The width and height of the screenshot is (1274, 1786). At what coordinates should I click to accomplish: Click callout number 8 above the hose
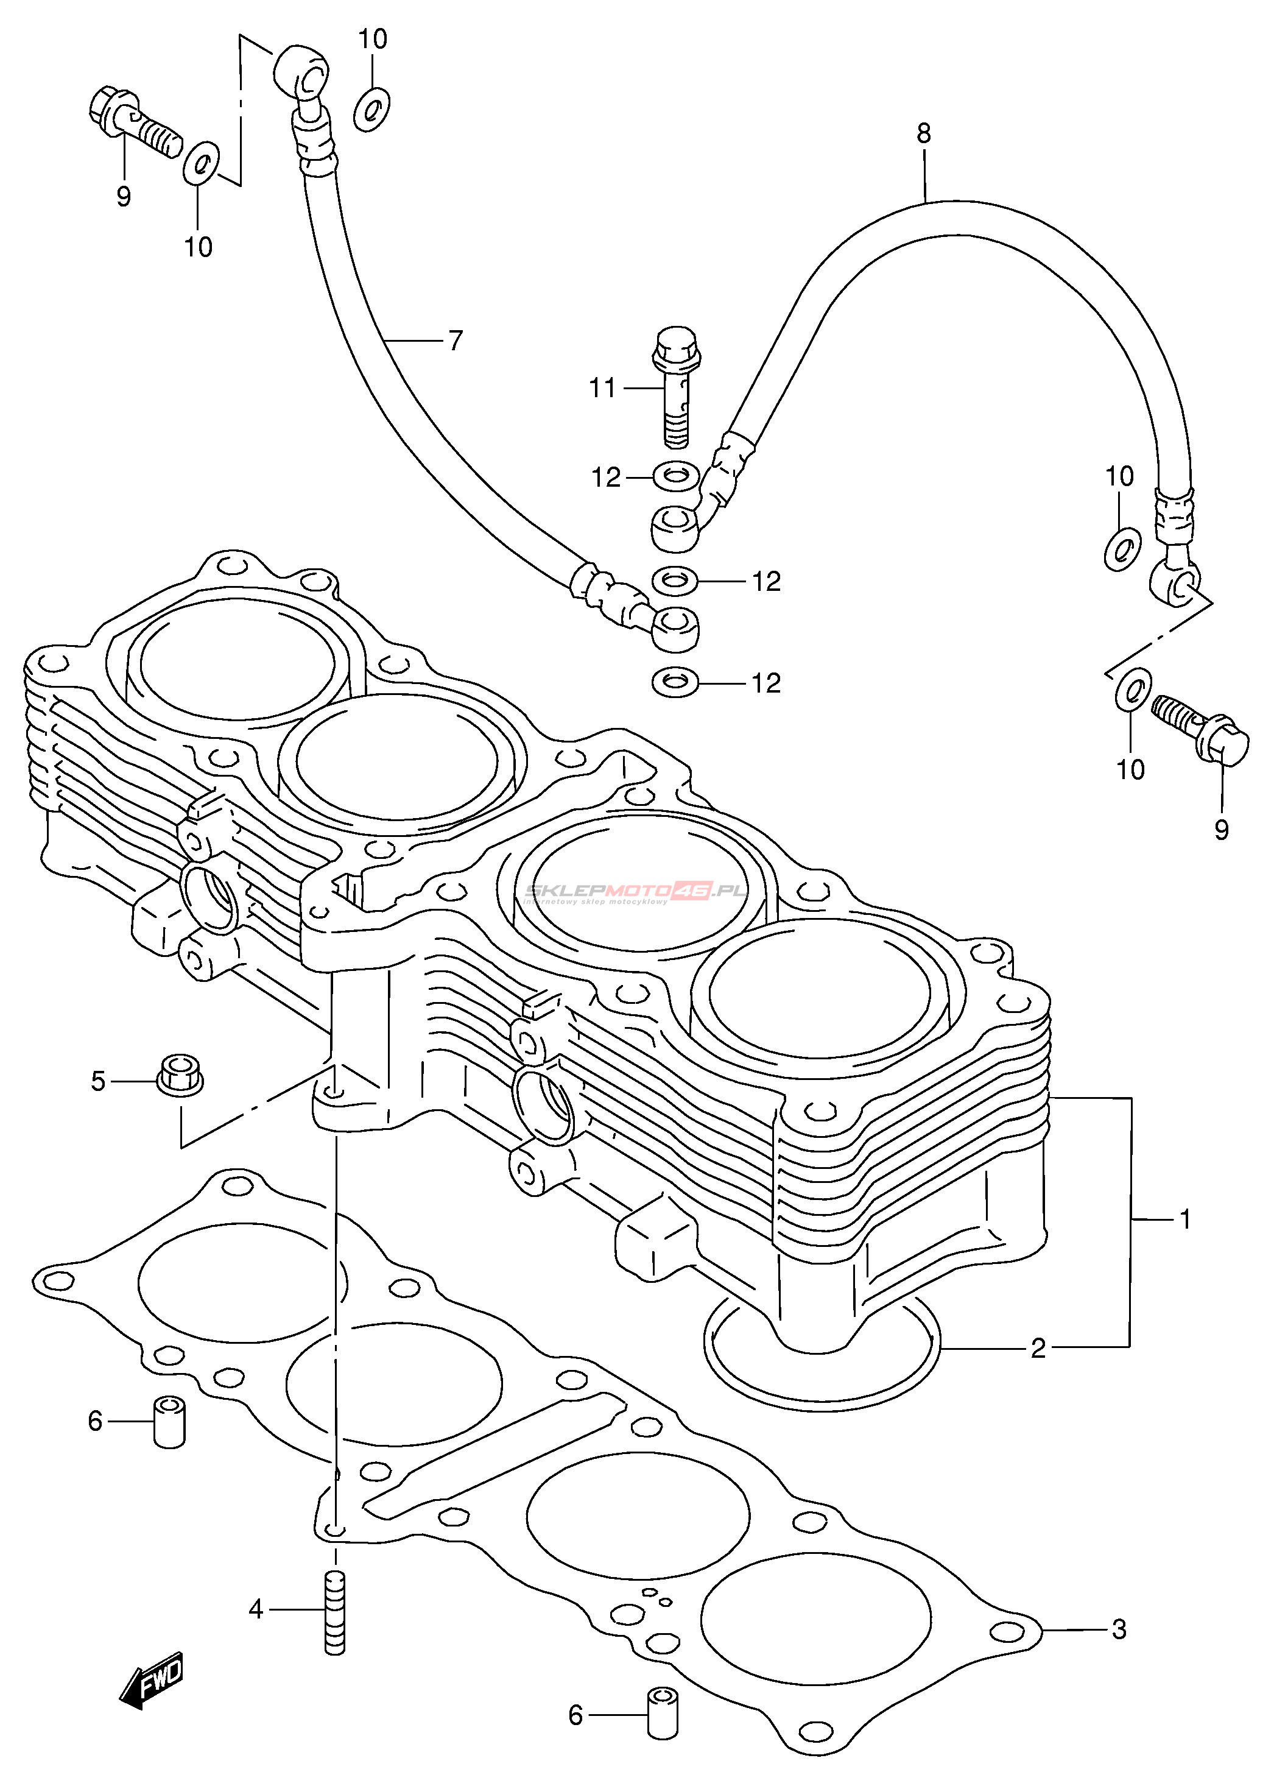pos(923,134)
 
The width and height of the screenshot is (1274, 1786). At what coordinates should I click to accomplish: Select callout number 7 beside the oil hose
pos(455,341)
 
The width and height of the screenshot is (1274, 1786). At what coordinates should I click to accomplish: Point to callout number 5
pos(98,1081)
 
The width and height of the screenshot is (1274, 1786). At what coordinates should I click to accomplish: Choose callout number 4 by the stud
pos(256,1609)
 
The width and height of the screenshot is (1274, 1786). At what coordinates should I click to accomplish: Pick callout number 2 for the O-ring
pos(1038,1349)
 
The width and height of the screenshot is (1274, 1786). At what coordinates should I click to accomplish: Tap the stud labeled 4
pos(335,1612)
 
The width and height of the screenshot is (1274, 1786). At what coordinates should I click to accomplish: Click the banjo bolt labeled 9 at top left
pos(133,122)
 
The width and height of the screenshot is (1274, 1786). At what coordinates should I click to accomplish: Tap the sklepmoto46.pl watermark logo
pos(635,891)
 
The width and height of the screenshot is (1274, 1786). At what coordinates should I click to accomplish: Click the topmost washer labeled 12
pos(676,476)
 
